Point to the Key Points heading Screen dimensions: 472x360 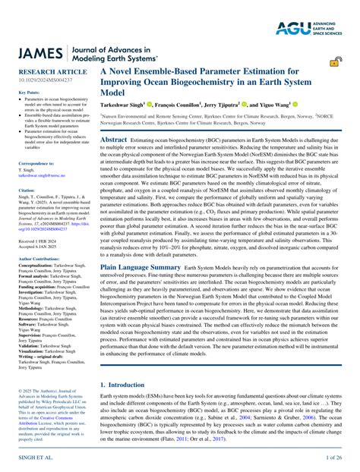[29, 92]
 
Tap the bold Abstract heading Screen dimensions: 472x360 [114, 140]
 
